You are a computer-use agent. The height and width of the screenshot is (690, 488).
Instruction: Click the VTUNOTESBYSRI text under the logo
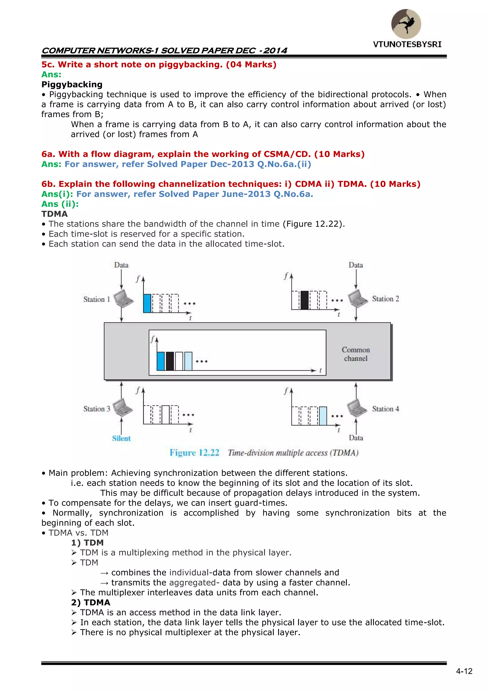(x=407, y=45)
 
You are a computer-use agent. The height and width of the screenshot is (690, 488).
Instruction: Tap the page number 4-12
(x=464, y=671)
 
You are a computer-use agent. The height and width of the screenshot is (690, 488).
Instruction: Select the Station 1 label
(x=97, y=299)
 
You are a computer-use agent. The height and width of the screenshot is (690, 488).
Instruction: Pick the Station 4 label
(x=385, y=409)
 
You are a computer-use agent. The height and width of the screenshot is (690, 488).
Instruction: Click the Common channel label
(x=356, y=354)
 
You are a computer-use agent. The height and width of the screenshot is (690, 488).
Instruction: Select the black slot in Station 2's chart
(x=304, y=300)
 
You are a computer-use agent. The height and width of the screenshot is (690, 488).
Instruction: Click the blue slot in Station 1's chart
(x=147, y=303)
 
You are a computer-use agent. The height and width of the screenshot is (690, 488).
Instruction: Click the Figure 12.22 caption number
(x=194, y=453)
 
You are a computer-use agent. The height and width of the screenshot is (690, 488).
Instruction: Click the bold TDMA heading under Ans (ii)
(x=54, y=214)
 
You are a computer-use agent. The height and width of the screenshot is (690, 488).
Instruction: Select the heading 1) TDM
(x=87, y=543)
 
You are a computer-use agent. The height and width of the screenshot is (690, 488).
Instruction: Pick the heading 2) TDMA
(x=91, y=603)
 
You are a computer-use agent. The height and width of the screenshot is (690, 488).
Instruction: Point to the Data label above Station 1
(x=121, y=265)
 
